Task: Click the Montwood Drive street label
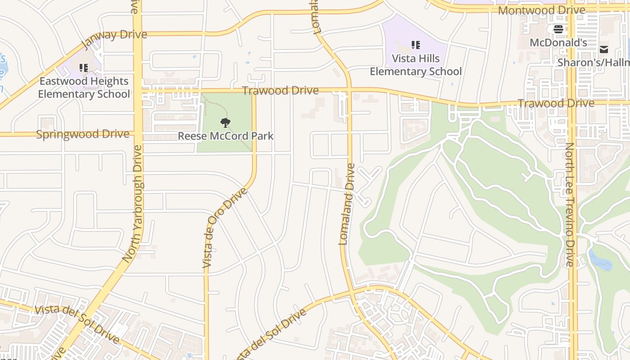pos(542,10)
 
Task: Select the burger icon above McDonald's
pos(558,30)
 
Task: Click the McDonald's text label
pos(558,43)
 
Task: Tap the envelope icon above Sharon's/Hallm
pos(603,49)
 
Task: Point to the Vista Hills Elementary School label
pos(416,65)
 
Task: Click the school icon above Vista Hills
pos(416,45)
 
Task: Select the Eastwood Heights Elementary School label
pos(84,87)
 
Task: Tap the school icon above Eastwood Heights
pos(84,68)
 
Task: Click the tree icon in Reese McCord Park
pos(225,122)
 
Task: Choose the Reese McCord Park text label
pos(225,136)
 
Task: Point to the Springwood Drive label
pos(82,134)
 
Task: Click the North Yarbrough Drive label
pos(133,203)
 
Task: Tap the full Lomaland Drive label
pos(346,204)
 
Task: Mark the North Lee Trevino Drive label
pos(570,205)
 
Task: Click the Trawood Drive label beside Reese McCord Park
pos(280,90)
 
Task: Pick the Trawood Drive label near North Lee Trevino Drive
pos(556,103)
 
